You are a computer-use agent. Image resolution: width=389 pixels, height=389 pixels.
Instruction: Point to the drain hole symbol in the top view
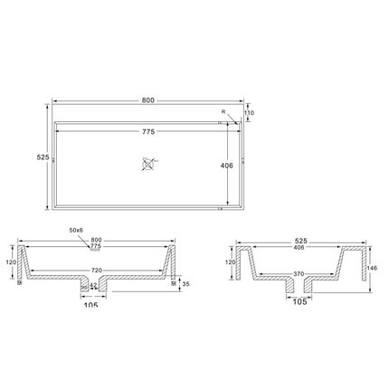(148, 164)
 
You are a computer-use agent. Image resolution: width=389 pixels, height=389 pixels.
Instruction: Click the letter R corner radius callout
(223, 112)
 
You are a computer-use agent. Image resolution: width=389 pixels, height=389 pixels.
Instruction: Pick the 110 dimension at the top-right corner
(249, 113)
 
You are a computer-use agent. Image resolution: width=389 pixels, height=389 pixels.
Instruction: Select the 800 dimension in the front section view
(98, 241)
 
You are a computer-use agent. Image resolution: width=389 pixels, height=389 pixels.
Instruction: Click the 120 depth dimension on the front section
(12, 262)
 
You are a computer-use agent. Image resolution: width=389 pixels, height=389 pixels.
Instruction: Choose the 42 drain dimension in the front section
(94, 286)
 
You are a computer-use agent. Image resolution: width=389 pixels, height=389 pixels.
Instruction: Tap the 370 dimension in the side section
(299, 272)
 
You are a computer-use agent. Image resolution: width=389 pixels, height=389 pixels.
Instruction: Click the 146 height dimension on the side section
(373, 268)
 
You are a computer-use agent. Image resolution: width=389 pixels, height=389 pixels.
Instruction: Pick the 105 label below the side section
(299, 301)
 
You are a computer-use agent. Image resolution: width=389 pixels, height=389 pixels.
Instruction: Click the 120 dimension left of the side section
(231, 262)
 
